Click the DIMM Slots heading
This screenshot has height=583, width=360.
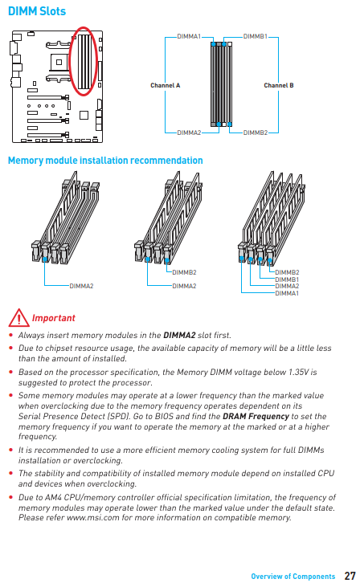(x=37, y=11)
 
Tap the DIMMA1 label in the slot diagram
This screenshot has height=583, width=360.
(x=189, y=36)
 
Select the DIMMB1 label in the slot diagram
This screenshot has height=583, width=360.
(x=255, y=36)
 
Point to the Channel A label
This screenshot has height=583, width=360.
(x=165, y=85)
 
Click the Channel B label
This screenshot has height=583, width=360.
(x=279, y=85)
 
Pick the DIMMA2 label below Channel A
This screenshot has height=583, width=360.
(x=189, y=132)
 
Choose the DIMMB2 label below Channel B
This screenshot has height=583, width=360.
(x=256, y=132)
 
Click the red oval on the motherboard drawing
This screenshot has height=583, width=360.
(x=70, y=61)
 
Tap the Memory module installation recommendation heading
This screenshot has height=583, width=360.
(x=105, y=161)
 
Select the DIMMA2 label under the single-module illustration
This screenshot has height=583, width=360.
(x=81, y=286)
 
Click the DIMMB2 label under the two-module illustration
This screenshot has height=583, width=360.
(x=185, y=272)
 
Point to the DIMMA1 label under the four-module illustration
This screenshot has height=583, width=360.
(x=287, y=293)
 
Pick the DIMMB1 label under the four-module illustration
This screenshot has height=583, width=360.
(x=287, y=279)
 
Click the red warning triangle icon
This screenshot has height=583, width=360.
(x=18, y=318)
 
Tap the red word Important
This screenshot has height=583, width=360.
(x=54, y=318)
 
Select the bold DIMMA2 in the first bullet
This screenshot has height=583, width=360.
(x=179, y=336)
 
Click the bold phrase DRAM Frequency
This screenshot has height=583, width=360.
(x=256, y=417)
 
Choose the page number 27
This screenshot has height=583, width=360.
(x=350, y=576)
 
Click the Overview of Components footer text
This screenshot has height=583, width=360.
(x=293, y=577)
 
